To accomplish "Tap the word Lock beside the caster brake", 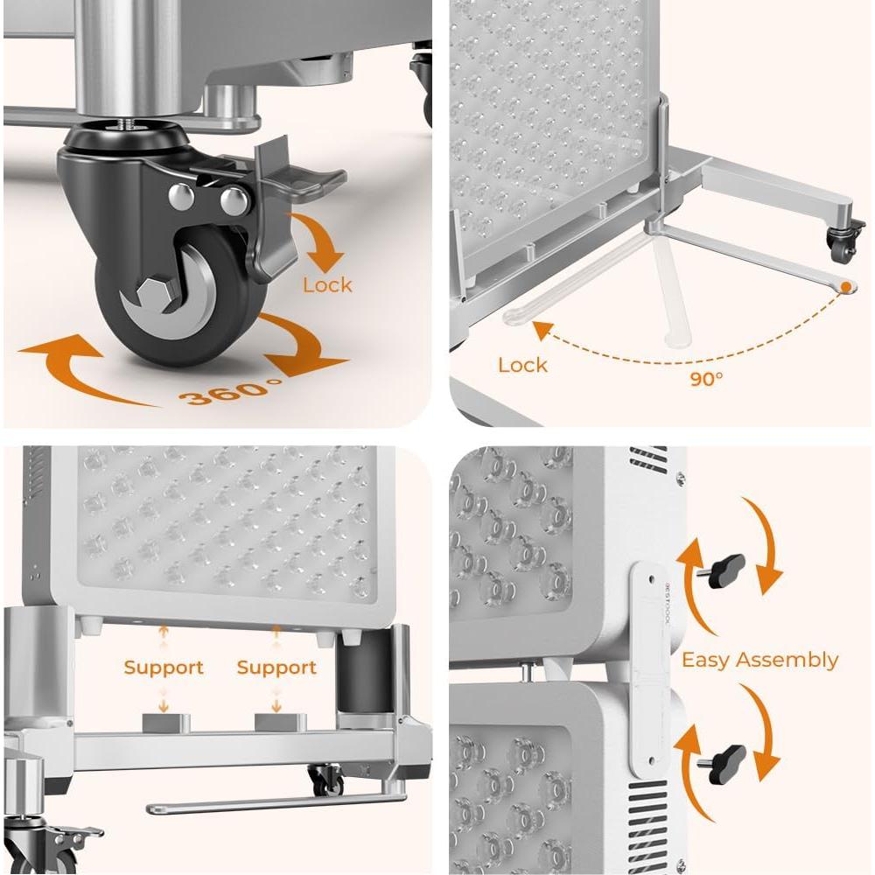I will [x=327, y=285].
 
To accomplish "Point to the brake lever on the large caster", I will [x=302, y=179].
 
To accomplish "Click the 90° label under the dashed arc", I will [x=705, y=379].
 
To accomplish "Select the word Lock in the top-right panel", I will [x=522, y=365].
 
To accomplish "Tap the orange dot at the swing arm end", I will [x=845, y=286].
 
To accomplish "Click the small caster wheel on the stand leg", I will [x=843, y=249].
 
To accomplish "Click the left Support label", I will [x=163, y=668].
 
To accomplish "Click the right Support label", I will [x=276, y=668].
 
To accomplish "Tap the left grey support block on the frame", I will [x=165, y=723].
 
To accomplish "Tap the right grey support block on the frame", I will [x=280, y=723].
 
